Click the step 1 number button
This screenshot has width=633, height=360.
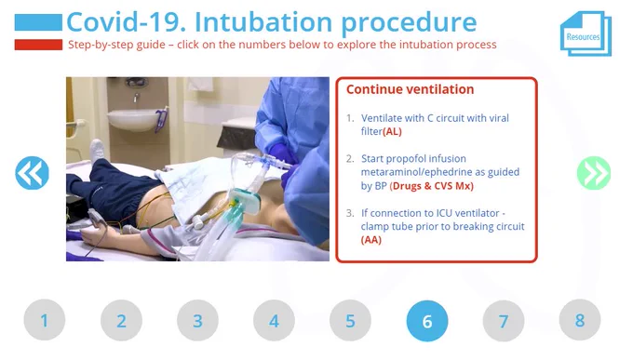coord(45,320)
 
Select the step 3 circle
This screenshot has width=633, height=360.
coord(197,320)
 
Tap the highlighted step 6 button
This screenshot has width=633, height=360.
coord(427,321)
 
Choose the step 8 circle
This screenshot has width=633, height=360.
coord(580,320)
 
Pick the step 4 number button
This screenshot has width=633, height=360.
coord(274,320)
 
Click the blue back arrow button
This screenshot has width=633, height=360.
coord(32,173)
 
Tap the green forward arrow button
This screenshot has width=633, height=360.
coord(594,173)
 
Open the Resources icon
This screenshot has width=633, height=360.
coord(586,33)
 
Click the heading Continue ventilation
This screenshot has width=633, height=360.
coord(410,89)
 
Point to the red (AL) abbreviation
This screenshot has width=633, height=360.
coord(392,131)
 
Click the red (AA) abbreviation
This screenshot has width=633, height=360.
coord(371,240)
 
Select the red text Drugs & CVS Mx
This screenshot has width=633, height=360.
coord(432,186)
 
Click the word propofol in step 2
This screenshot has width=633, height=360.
coord(408,159)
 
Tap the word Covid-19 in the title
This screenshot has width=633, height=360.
coord(126,21)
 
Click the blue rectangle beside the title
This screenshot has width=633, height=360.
coord(38,22)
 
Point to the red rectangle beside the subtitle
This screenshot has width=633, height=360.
coord(38,45)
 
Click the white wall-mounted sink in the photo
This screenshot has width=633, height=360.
coord(132,119)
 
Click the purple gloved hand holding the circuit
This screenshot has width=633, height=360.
coord(279,153)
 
